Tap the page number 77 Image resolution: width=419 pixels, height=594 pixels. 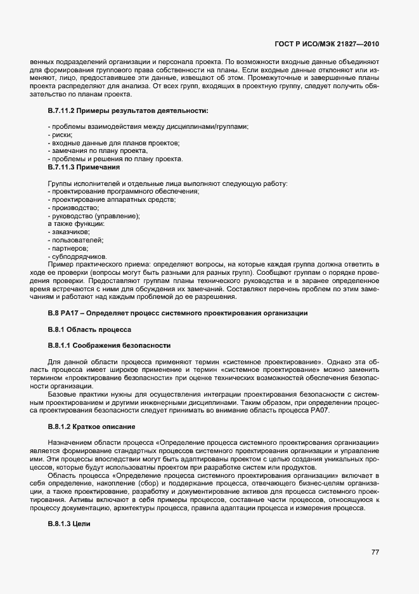pos(375,552)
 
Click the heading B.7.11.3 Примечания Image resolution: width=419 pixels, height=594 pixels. pos(84,168)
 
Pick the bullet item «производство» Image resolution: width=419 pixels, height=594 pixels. pos(73,208)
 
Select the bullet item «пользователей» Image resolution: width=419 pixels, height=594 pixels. pos(75,241)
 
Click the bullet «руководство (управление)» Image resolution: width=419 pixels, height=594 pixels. pos(93,216)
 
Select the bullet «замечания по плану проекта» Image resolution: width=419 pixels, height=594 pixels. pos(98,151)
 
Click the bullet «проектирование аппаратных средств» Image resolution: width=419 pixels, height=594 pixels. pos(112,199)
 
